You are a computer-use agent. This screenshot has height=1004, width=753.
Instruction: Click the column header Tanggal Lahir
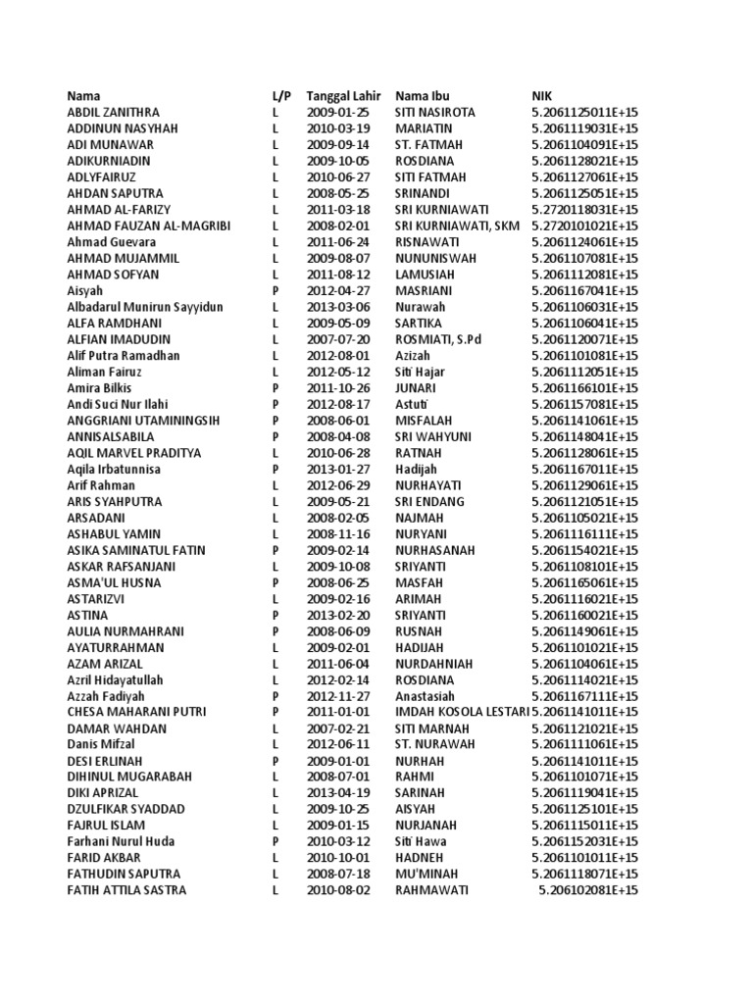click(x=342, y=96)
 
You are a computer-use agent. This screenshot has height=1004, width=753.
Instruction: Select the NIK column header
click(x=541, y=96)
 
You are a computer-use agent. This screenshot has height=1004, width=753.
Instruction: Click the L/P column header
click(x=280, y=96)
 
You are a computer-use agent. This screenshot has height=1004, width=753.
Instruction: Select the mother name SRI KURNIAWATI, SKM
click(x=457, y=226)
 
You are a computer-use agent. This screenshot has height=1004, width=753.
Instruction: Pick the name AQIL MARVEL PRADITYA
click(x=133, y=453)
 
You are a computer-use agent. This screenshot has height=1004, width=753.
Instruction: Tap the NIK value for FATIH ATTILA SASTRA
click(x=588, y=890)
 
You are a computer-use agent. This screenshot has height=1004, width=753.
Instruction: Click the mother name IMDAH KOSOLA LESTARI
click(x=460, y=712)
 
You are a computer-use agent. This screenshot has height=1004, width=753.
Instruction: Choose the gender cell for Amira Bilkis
click(x=276, y=388)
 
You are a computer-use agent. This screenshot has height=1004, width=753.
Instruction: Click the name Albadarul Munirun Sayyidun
click(x=145, y=307)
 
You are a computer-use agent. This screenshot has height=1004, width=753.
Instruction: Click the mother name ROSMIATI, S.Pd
click(x=439, y=339)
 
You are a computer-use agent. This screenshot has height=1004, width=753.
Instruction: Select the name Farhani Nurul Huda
click(x=121, y=841)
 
